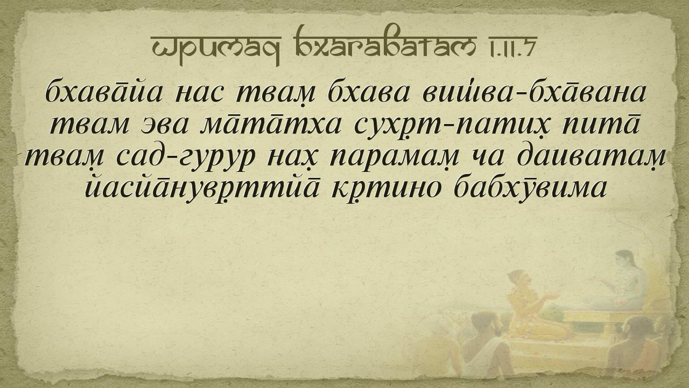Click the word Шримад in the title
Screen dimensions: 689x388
[x=216, y=46]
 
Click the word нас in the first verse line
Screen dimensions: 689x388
[x=199, y=94]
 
